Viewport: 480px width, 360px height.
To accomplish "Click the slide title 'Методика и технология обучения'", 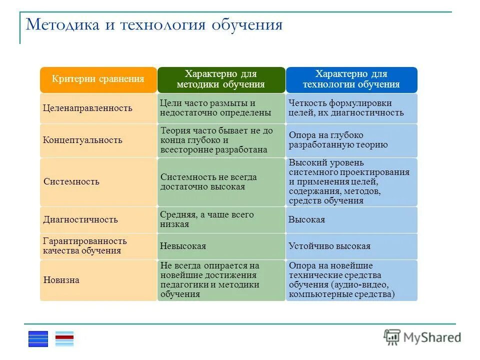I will click(154, 24).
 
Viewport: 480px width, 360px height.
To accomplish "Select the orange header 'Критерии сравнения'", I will click(98, 79).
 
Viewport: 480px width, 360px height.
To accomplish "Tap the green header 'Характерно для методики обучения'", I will click(221, 79).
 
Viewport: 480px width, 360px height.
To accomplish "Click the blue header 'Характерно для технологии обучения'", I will click(351, 79).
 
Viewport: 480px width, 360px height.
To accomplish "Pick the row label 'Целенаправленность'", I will click(87, 108).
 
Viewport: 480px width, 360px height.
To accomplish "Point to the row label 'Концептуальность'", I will click(82, 140).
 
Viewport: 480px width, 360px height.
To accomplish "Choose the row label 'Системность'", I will click(71, 181).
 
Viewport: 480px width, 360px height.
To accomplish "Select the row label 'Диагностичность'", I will click(80, 219).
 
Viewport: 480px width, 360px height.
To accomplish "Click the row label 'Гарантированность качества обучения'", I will click(85, 246).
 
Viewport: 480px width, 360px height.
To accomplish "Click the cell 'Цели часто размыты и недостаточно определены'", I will click(215, 108).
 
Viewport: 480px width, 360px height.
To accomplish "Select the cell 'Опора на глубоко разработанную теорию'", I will click(338, 140).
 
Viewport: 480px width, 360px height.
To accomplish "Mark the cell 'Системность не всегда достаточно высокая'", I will click(208, 181).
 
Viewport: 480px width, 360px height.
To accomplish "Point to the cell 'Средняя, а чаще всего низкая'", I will click(207, 219).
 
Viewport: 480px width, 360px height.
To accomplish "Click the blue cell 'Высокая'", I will click(306, 219).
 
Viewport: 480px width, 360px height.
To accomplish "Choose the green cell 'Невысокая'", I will click(182, 246).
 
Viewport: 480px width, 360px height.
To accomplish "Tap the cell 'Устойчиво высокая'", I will click(329, 246).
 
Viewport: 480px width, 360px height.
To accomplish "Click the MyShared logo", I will click(422, 337).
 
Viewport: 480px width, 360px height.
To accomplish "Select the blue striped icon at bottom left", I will click(38, 338).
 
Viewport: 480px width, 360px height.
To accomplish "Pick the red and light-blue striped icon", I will click(64, 338).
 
